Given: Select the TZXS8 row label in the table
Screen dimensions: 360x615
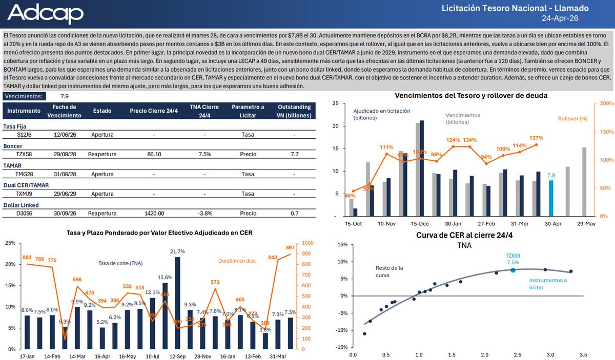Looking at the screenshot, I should coord(24,154).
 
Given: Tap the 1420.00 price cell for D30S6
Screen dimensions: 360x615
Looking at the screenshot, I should coord(154,214).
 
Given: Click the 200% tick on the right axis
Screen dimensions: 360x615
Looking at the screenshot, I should coord(605,103).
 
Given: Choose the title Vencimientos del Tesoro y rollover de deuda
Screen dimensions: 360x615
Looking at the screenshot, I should coord(471,95).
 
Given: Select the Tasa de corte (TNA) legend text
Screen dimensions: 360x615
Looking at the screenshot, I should coord(120,263).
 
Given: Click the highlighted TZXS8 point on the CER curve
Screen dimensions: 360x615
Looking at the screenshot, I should coord(513,270).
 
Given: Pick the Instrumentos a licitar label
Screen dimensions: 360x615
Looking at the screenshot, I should coord(548,284).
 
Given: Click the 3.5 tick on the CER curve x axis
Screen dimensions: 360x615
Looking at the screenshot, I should coord(583,354).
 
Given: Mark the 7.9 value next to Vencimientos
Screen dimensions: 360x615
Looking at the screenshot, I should coord(65,96).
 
